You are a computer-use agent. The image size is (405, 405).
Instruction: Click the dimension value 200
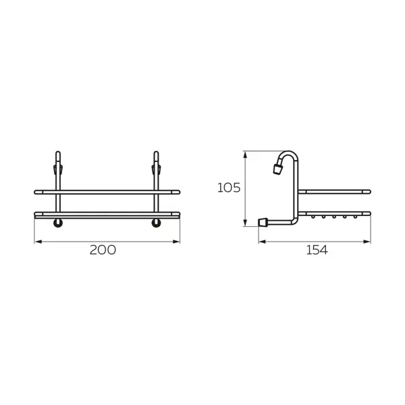click(x=103, y=250)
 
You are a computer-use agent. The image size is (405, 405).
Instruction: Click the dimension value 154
click(x=317, y=250)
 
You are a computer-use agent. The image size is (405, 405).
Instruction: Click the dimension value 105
click(x=229, y=188)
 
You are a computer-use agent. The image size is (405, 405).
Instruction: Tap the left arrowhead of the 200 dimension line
click(x=38, y=242)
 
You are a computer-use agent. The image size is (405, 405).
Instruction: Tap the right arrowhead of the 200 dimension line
click(x=176, y=242)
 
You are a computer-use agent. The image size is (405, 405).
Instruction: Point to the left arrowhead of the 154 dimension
click(x=262, y=242)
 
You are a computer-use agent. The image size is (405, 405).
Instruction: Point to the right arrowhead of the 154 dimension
click(x=367, y=242)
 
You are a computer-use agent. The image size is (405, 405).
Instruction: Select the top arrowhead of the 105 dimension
click(x=246, y=155)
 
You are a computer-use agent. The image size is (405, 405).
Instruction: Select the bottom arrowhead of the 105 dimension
click(x=246, y=223)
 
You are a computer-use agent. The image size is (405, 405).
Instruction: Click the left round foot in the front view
click(x=58, y=223)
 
